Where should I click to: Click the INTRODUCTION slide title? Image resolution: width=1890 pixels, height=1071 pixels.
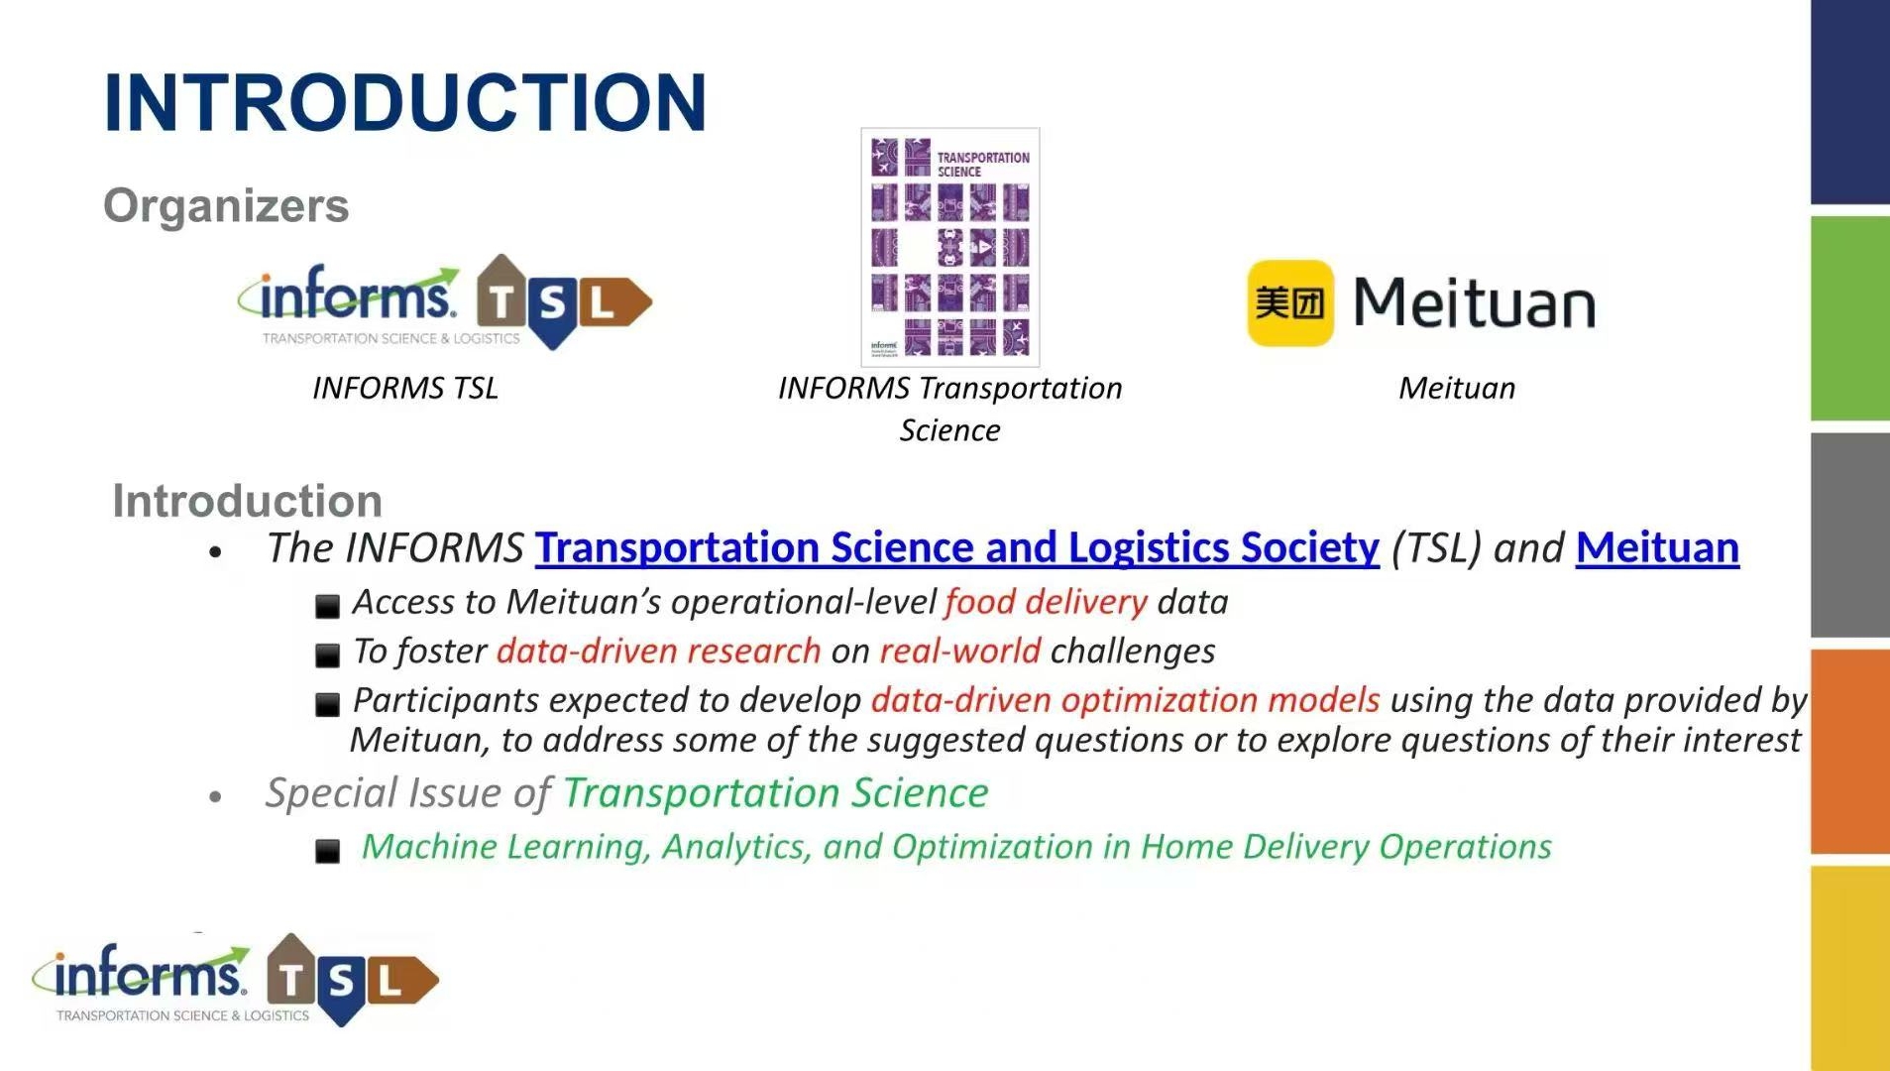[405, 102]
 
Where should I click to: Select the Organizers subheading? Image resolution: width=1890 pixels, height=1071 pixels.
[226, 206]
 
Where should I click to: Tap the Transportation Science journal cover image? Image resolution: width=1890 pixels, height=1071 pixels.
[950, 247]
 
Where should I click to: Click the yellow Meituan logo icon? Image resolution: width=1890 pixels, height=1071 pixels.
[1290, 303]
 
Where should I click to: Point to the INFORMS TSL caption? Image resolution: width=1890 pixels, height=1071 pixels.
[405, 388]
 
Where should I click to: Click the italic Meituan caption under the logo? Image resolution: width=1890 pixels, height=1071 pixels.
[1457, 388]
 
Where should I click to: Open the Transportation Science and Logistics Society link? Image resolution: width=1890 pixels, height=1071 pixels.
[957, 548]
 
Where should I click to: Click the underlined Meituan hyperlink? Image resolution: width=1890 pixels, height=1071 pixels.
[1657, 548]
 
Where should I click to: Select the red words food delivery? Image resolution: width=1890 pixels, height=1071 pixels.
[1046, 602]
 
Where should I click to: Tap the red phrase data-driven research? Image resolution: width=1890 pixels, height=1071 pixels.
[659, 652]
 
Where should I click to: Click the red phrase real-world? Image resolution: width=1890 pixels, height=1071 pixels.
[960, 652]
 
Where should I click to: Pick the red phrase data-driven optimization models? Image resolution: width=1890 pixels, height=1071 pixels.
[1126, 700]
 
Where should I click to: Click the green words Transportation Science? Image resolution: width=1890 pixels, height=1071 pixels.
[776, 793]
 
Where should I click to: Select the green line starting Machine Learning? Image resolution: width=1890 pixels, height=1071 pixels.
[956, 847]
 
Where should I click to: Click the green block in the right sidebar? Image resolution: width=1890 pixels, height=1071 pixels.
[1850, 318]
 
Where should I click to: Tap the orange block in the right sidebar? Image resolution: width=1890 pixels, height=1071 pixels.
[1850, 751]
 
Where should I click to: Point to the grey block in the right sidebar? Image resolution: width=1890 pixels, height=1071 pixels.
[1850, 535]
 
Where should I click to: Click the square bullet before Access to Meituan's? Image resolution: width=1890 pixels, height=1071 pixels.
[327, 606]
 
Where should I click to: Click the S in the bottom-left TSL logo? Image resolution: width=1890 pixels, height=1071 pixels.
[341, 983]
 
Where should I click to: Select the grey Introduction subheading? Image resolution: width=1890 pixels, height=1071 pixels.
[248, 501]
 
